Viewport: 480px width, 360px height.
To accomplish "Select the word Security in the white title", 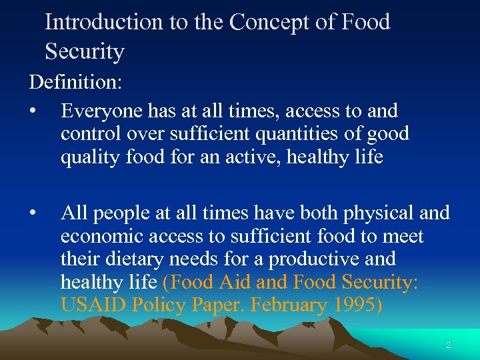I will pos(85,51).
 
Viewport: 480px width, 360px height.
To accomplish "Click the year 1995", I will pos(358,305).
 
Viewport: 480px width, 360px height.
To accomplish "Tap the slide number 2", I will pos(448,345).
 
